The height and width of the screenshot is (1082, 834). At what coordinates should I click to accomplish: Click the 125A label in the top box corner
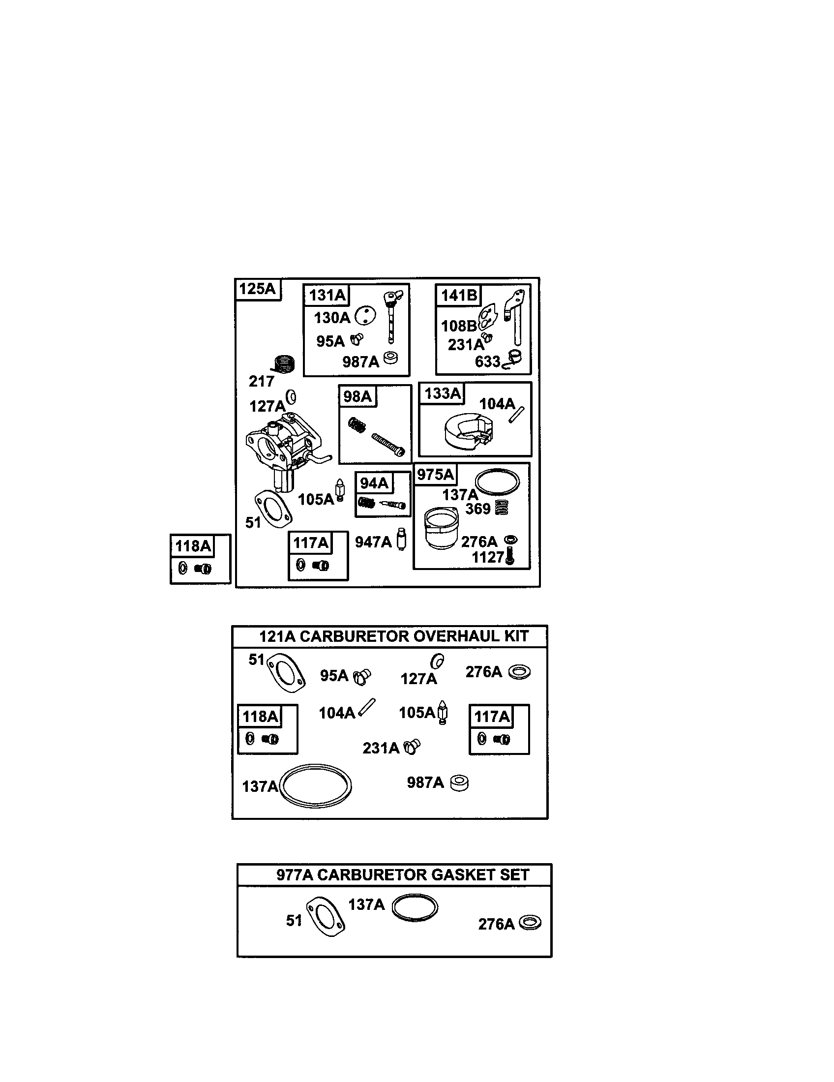tap(257, 288)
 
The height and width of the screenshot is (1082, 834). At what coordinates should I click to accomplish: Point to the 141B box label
tap(459, 295)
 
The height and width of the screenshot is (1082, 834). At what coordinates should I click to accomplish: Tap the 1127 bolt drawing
tap(510, 558)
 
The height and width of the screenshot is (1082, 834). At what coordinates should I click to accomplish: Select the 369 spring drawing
tap(502, 508)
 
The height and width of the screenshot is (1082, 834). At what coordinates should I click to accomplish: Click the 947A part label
tap(373, 542)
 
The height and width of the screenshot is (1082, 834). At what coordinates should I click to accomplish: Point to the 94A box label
tap(374, 483)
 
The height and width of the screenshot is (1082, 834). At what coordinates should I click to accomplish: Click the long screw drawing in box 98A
tap(388, 445)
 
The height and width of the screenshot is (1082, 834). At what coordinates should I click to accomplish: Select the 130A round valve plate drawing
tap(365, 315)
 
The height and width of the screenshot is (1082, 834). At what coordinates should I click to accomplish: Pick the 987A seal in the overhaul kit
tap(459, 783)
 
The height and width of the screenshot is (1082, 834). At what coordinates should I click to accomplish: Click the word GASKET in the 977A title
tap(456, 875)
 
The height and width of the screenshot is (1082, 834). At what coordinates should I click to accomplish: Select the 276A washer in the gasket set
tap(530, 923)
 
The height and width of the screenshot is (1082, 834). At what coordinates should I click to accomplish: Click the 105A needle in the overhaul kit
tap(443, 714)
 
